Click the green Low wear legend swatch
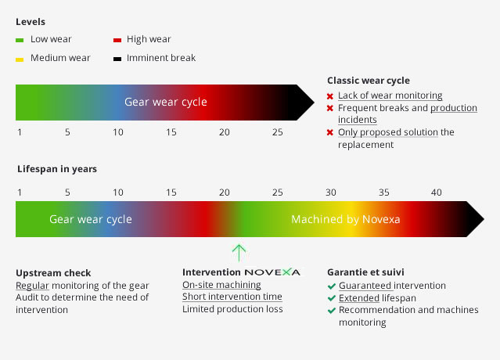tap(20, 40)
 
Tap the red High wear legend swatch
tap(117, 40)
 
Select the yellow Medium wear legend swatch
tap(20, 59)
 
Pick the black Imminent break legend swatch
tap(117, 59)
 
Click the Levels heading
tap(31, 22)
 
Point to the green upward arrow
tap(239, 253)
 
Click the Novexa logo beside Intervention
tap(272, 272)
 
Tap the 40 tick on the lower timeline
tap(436, 193)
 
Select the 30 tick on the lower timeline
tap(331, 193)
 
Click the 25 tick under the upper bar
tap(278, 132)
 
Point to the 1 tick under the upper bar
tap(20, 132)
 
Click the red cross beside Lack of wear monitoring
tap(330, 96)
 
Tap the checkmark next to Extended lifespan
tap(332, 298)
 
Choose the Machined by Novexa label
tap(346, 219)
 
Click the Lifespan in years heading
tap(57, 169)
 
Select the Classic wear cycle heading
tap(369, 81)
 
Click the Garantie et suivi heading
tap(365, 272)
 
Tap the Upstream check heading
tap(53, 273)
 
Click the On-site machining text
tap(221, 285)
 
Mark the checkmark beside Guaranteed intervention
tap(332, 286)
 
